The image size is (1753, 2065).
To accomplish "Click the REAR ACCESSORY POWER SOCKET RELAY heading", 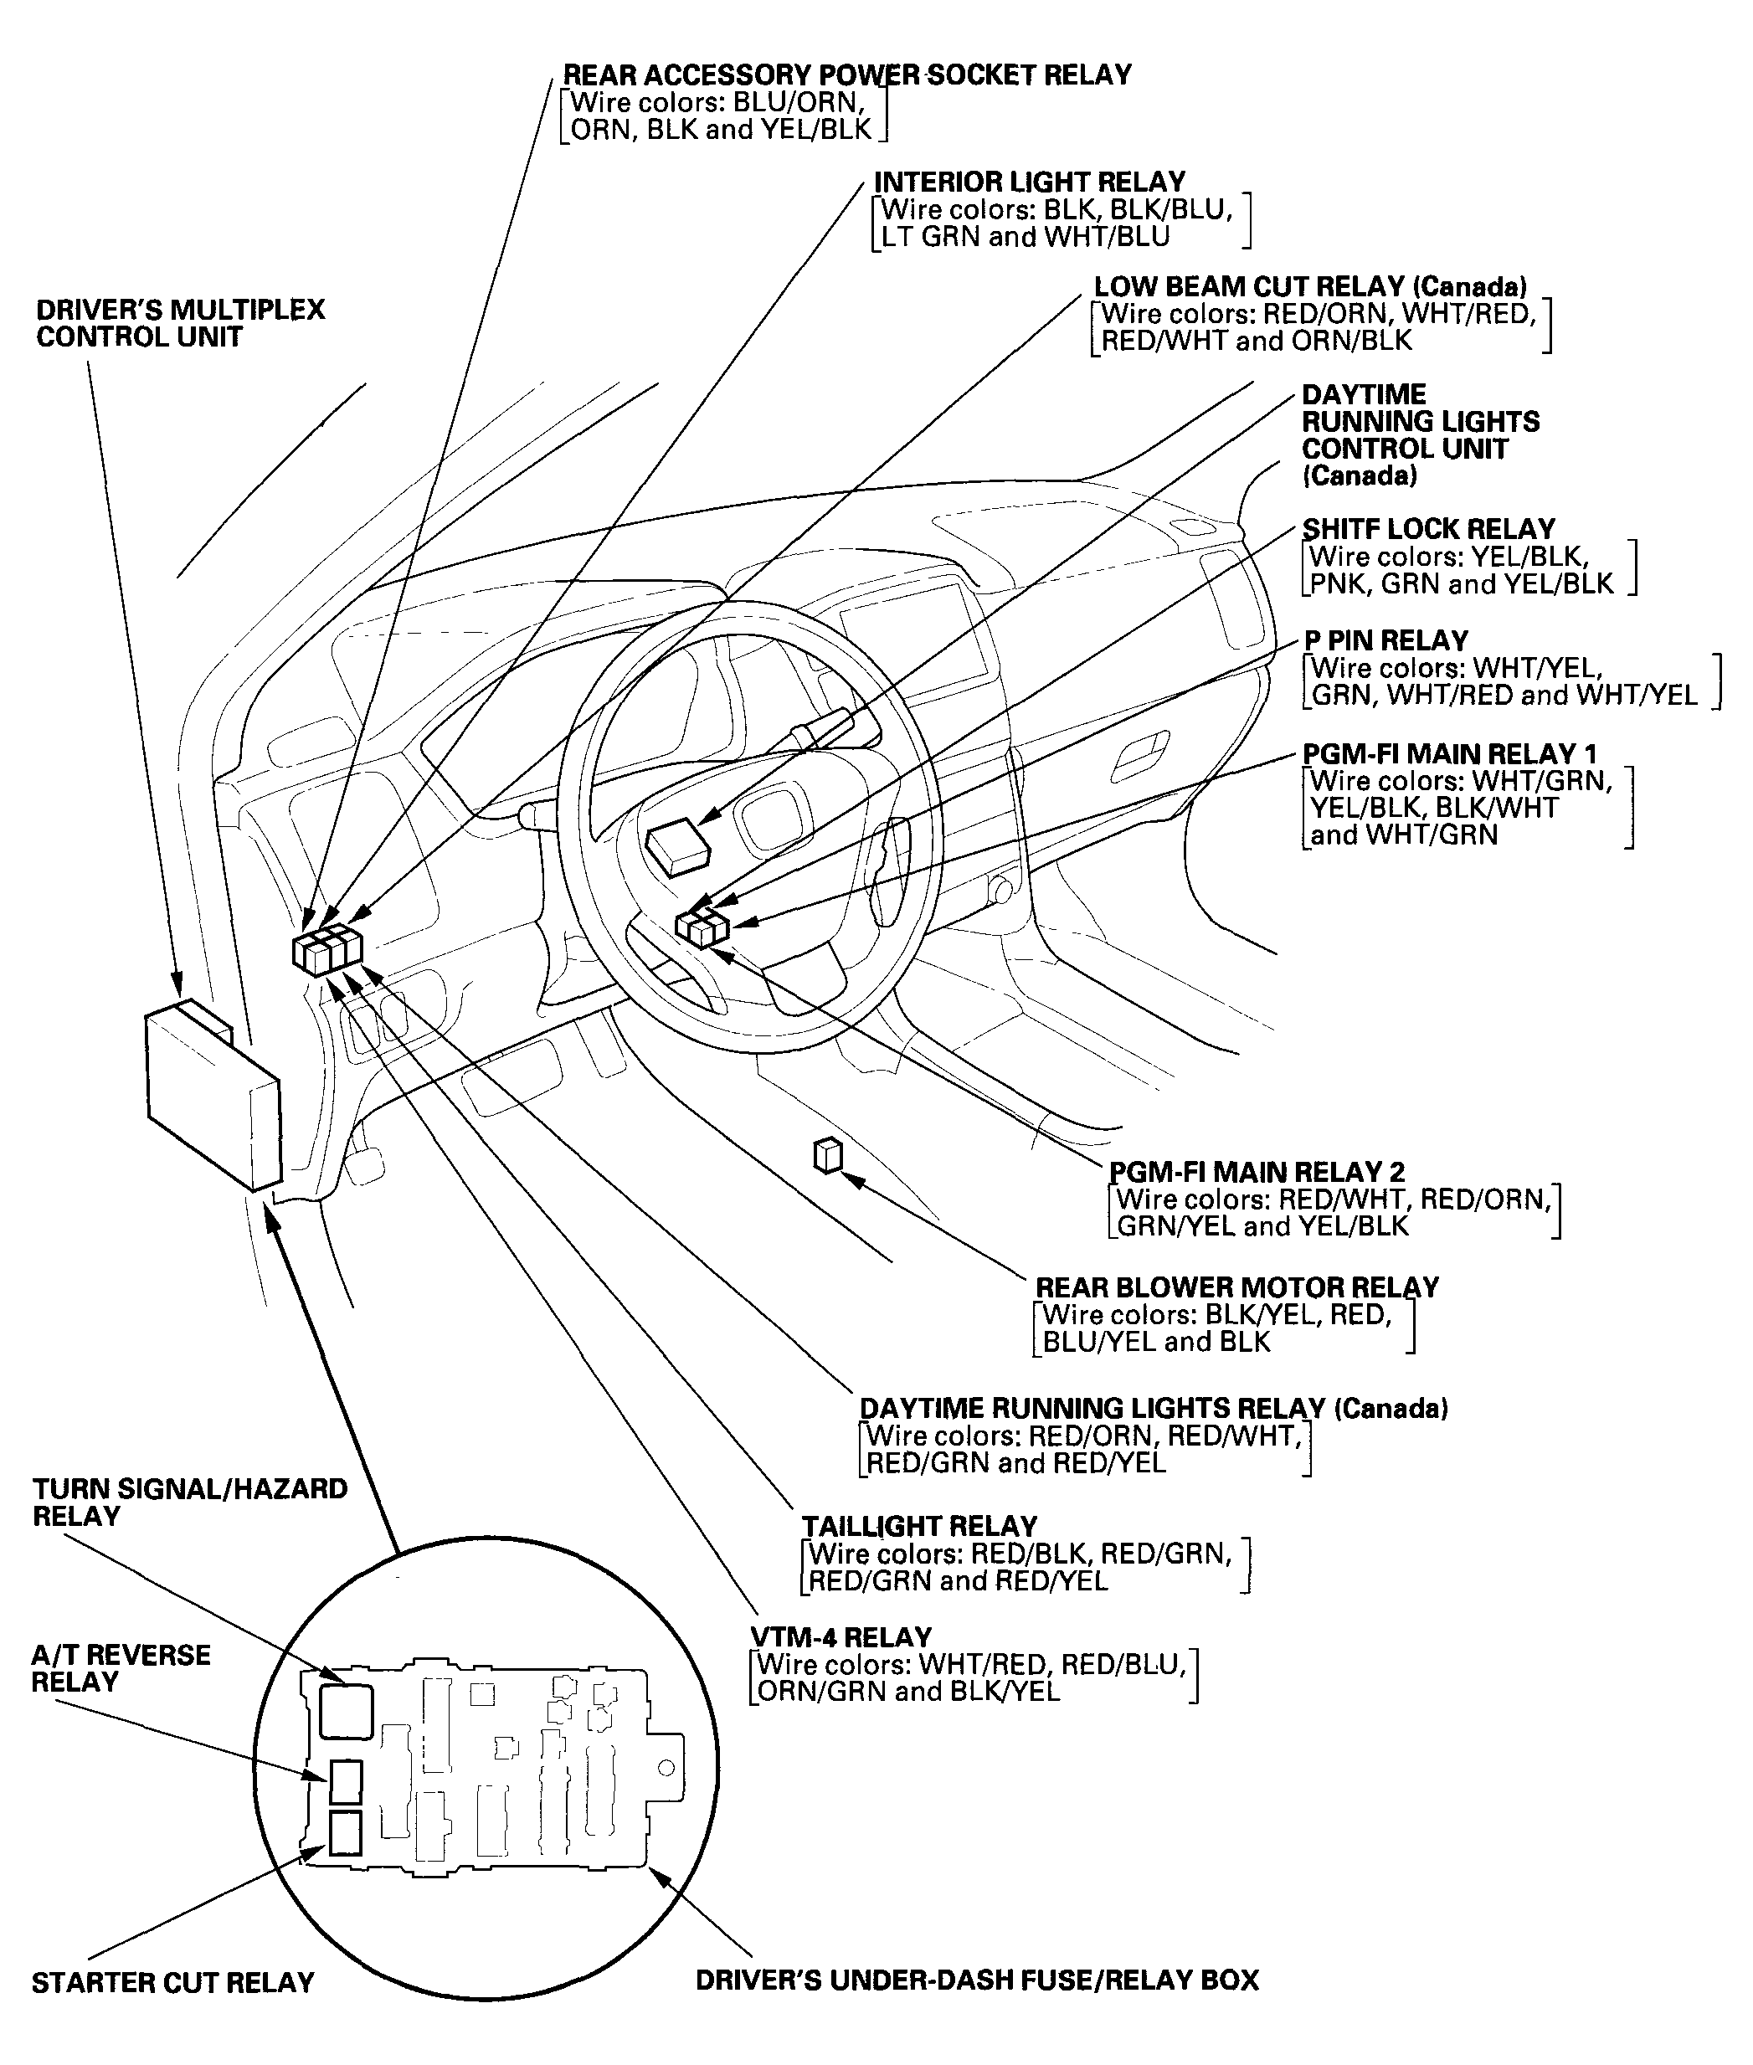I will [846, 75].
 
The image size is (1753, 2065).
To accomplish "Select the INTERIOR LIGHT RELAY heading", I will [1030, 182].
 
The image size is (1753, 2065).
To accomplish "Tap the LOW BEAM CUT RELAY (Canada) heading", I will [1310, 287].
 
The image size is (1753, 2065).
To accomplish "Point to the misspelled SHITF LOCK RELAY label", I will [1428, 529].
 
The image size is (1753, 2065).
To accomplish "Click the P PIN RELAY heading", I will [1385, 641].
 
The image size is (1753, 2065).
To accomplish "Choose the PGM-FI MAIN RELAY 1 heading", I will [1449, 754].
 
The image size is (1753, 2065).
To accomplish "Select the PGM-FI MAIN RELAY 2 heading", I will [1257, 1173].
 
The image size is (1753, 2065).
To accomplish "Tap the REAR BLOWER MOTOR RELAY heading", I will [1236, 1288].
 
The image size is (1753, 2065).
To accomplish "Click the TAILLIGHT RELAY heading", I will [919, 1527].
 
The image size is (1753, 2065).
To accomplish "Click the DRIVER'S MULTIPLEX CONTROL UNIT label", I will [180, 324].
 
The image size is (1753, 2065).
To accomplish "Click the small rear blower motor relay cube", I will [828, 1157].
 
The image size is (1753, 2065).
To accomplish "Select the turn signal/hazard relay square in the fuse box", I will [346, 1711].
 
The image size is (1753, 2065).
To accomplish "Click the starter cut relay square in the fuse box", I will [345, 1833].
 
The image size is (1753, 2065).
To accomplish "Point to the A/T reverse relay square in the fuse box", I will [345, 1782].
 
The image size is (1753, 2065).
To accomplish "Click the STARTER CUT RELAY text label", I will [173, 1982].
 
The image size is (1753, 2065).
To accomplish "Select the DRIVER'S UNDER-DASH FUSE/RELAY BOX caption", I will [976, 1980].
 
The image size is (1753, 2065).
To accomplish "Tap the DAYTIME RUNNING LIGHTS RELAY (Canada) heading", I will [1153, 1408].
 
